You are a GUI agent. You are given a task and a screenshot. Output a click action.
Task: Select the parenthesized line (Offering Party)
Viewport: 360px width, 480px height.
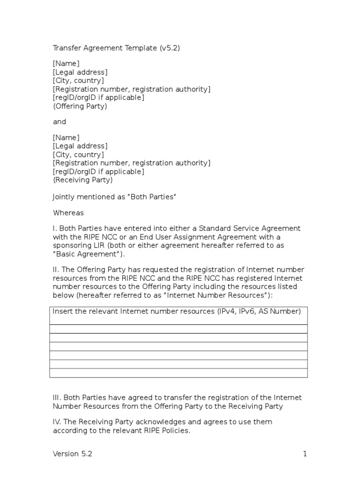click(80, 106)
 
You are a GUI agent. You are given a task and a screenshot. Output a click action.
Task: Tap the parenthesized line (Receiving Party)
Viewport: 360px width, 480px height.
click(82, 180)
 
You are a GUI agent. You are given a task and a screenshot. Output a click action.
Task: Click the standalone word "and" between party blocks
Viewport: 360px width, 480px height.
click(60, 122)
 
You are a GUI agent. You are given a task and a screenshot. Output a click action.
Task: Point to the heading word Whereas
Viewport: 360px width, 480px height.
click(68, 213)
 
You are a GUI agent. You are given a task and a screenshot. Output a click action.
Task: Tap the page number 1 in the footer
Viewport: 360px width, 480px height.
click(305, 453)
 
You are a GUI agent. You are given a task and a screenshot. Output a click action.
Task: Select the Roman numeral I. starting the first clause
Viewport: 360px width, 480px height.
click(54, 228)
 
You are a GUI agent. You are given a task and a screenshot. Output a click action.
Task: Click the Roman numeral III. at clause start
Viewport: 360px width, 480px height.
click(57, 397)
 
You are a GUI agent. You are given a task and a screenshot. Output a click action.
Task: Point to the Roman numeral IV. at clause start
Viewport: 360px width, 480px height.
click(57, 422)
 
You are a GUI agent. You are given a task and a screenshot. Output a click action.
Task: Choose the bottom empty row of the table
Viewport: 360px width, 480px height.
click(179, 373)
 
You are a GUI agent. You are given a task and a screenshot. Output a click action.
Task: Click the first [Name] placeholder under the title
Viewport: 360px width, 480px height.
click(66, 64)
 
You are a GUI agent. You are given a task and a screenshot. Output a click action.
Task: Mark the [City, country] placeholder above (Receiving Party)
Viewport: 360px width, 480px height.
click(78, 154)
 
